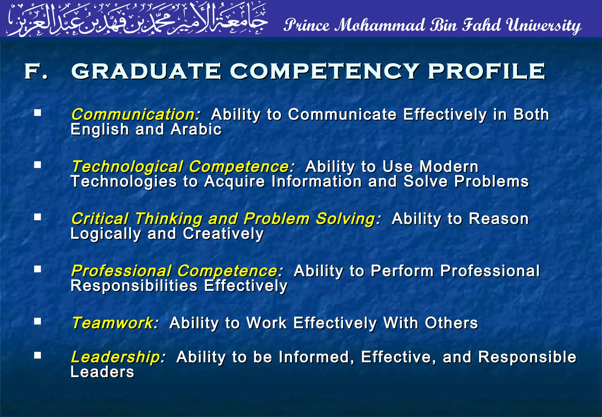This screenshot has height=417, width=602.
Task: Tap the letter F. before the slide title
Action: (x=36, y=71)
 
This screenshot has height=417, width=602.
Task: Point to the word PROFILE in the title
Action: (x=486, y=71)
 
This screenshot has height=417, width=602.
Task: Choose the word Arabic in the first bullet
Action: (x=196, y=129)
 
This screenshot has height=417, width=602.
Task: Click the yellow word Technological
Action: (x=128, y=167)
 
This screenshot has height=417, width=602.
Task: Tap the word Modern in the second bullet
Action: (x=449, y=167)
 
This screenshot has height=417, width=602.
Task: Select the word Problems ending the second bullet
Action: (x=491, y=181)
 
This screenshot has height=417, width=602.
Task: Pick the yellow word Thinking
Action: (x=169, y=219)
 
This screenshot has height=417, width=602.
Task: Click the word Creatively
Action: (x=223, y=234)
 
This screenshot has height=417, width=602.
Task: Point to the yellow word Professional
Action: (x=121, y=271)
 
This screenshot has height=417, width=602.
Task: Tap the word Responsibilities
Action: (x=134, y=286)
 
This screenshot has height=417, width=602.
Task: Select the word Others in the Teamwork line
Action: (x=451, y=323)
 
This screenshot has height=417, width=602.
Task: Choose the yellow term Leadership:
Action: (x=118, y=357)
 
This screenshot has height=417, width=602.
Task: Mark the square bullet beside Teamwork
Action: (x=37, y=321)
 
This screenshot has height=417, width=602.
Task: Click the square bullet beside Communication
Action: (x=37, y=113)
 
